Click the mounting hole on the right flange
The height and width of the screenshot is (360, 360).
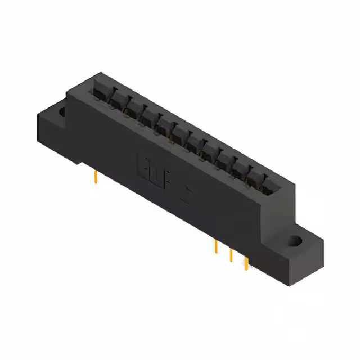[x=294, y=242]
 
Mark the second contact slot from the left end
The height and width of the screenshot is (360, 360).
[x=116, y=98]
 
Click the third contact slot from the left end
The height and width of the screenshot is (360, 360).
[x=132, y=107]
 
